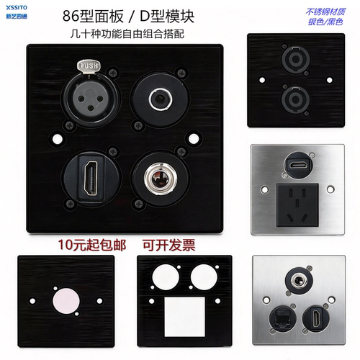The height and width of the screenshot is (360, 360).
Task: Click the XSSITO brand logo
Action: click(17, 12)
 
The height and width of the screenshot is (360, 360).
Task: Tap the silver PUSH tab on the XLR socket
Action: click(89, 66)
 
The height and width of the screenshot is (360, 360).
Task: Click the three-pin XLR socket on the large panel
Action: click(90, 99)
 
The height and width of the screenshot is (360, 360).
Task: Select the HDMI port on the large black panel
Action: click(91, 178)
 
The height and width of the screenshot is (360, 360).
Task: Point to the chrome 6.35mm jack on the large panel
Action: click(161, 179)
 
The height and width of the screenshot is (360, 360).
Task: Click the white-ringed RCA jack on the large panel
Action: click(161, 99)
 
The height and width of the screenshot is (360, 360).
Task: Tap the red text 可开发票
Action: click(169, 246)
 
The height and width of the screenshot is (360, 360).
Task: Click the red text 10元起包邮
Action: click(92, 246)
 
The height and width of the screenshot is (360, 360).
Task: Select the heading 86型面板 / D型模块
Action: click(128, 17)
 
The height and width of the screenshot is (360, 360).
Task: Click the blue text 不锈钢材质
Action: click(325, 12)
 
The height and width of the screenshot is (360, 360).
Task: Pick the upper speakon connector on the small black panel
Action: click(296, 59)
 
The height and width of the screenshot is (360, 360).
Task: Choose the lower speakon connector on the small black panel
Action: click(296, 99)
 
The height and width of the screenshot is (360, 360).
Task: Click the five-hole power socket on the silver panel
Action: click(297, 205)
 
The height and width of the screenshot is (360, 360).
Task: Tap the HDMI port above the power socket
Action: click(298, 165)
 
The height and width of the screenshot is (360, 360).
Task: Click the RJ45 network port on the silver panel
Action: click(282, 319)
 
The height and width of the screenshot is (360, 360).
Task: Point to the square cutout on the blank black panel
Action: click(185, 317)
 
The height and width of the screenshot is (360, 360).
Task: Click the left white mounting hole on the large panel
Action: click(57, 139)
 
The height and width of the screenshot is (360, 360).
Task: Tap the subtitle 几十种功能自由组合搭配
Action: click(127, 34)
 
